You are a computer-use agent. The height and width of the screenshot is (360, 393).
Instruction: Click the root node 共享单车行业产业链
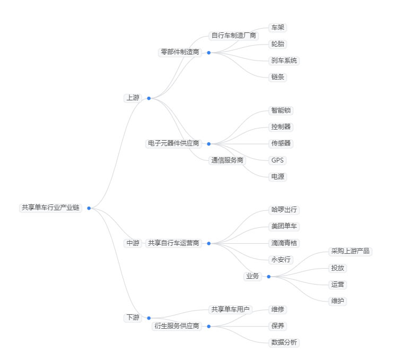[x=50, y=208]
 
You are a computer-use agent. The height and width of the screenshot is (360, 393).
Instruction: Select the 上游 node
[x=133, y=98]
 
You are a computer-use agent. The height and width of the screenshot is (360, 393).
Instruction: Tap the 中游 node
[x=133, y=243]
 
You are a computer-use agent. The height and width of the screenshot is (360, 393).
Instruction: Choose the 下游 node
[x=133, y=318]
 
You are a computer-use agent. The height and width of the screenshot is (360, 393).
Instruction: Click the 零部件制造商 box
[x=180, y=52]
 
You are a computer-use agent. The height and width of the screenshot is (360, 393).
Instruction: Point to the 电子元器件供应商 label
[x=173, y=143]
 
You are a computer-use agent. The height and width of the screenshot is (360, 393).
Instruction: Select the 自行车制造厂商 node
[x=234, y=36]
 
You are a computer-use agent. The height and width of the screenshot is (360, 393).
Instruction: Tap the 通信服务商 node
[x=228, y=160]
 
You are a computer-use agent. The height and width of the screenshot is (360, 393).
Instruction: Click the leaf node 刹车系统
[x=284, y=61]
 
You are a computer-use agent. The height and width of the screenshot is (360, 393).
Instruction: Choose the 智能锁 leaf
[x=281, y=110]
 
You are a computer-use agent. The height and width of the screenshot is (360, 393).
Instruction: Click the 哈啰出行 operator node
[x=284, y=210]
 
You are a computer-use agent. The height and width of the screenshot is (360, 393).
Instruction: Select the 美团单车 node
[x=284, y=227]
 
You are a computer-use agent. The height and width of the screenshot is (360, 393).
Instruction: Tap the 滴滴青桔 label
[x=284, y=243]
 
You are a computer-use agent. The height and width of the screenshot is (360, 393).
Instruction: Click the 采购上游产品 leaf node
[x=350, y=251]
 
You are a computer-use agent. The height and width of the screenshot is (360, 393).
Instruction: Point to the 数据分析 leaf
[x=284, y=342]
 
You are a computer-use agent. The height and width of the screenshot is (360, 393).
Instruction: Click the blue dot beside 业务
[x=268, y=277]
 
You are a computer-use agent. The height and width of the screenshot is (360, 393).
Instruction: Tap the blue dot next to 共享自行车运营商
[x=208, y=243]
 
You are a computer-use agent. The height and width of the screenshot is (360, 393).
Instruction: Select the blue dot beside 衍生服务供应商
[x=208, y=326]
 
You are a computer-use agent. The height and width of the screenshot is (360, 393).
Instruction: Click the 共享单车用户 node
[x=231, y=309]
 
